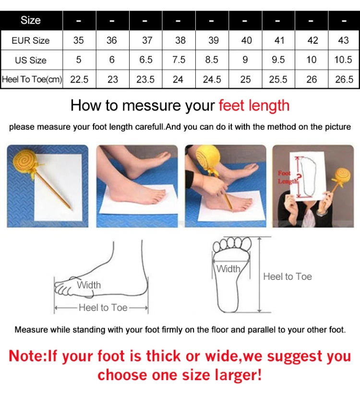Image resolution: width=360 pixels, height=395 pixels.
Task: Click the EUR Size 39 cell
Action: [213, 40]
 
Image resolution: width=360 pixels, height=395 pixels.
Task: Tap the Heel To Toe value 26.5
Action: [344, 79]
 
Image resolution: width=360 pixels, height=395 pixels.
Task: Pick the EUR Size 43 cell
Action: [344, 40]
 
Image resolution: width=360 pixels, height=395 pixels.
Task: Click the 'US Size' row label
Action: [31, 60]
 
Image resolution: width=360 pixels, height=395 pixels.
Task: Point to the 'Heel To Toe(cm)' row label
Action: [32, 79]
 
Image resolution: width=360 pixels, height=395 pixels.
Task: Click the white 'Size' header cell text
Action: [31, 21]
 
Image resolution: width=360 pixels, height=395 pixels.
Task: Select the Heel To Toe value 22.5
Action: [79, 79]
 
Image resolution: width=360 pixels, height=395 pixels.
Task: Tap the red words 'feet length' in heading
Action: [254, 106]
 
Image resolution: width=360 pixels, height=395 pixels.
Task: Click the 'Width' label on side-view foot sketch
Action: [89, 285]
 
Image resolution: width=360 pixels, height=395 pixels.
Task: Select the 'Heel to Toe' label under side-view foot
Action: [103, 308]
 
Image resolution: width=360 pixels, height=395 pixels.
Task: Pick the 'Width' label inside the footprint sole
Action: [228, 269]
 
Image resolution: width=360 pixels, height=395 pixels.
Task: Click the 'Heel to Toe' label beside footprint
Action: [288, 276]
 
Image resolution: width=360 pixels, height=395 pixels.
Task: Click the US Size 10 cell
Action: [311, 60]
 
